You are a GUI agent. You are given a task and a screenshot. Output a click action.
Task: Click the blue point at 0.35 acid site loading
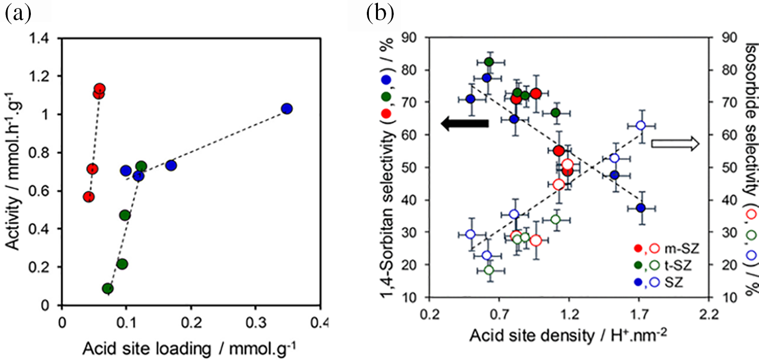tap(287, 109)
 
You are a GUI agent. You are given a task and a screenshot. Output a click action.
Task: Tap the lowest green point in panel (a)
tap(107, 289)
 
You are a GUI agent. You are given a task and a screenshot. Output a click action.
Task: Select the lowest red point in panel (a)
tap(89, 196)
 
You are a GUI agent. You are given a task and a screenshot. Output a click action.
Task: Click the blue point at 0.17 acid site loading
tap(171, 165)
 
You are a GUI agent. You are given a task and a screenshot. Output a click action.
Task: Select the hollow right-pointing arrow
tap(674, 144)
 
